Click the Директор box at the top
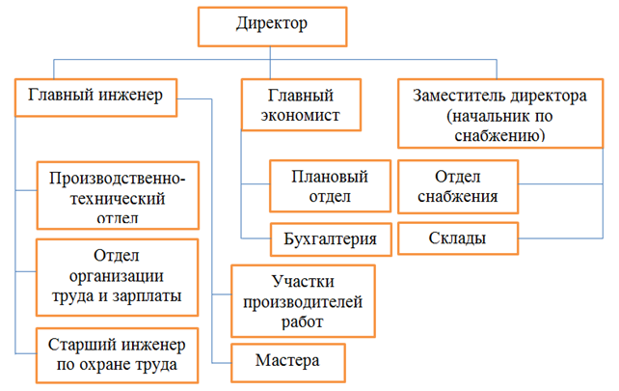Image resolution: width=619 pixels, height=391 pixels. pos(272,26)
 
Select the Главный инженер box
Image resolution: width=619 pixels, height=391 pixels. pos(94,97)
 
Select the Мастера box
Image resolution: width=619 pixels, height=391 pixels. pos(287,362)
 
